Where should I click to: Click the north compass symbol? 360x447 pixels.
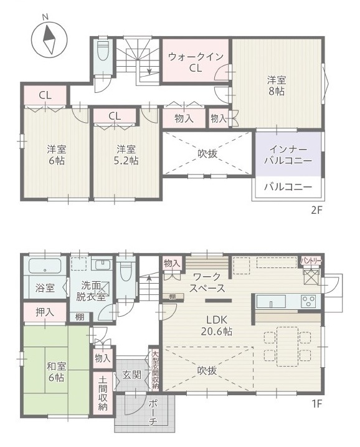[x=49, y=38]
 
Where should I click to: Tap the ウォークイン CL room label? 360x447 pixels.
[x=196, y=62]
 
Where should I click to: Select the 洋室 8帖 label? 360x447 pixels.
[x=277, y=85]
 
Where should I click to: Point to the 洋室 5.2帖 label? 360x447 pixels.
[x=126, y=155]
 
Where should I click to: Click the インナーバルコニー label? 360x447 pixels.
[x=288, y=155]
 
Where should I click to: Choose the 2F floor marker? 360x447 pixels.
[x=316, y=210]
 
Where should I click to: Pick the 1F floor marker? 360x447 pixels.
[x=316, y=403]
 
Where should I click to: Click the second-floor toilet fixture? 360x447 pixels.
[x=103, y=50]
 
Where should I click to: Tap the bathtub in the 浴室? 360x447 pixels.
[x=45, y=266]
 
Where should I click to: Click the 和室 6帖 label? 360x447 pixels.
[x=57, y=372]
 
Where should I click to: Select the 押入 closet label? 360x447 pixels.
[x=45, y=312]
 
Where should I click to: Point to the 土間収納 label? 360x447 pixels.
[x=103, y=393]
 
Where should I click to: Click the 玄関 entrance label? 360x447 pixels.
[x=132, y=375]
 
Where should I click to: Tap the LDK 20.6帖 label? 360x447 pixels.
[x=217, y=325]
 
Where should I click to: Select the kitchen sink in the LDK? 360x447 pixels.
[x=271, y=301]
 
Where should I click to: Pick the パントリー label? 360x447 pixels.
[x=311, y=261]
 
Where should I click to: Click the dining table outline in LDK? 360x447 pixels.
[x=287, y=347]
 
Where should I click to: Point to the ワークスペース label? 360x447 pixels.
[x=207, y=282]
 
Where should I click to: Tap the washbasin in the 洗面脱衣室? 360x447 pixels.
[x=102, y=265]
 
